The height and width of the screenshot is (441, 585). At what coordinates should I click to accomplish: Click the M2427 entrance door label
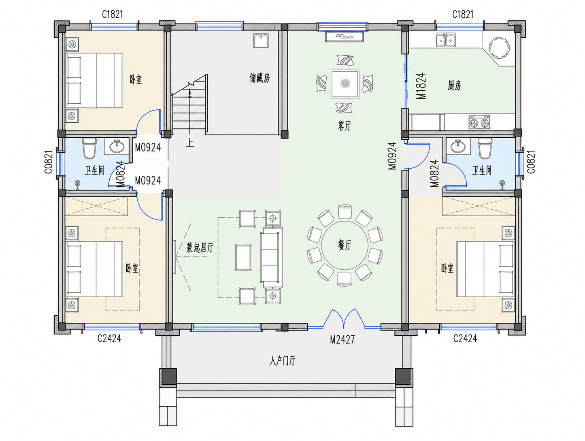tap(342, 339)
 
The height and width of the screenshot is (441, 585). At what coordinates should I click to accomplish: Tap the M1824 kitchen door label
tap(421, 86)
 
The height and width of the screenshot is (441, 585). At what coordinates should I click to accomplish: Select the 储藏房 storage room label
tap(260, 78)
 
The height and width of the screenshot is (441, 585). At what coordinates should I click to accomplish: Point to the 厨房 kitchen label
tap(454, 85)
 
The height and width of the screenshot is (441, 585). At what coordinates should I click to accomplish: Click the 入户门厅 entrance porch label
tap(282, 361)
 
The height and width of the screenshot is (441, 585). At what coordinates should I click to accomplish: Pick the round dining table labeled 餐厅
tap(345, 245)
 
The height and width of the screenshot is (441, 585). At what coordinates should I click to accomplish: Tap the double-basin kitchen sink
tap(446, 40)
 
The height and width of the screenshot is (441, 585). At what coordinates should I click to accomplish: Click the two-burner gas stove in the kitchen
tap(479, 122)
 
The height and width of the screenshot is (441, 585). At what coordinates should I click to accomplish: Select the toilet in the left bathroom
tap(89, 148)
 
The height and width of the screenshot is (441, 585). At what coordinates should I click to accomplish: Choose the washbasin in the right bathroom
tap(458, 147)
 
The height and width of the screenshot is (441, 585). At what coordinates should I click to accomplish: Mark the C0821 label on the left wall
tap(49, 162)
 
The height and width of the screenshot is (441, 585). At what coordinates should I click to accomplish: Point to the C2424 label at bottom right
tap(465, 339)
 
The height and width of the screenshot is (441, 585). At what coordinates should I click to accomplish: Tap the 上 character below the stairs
tap(190, 143)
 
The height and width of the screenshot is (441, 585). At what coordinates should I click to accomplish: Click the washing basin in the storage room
tap(261, 40)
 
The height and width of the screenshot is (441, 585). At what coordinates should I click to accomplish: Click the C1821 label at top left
tap(113, 14)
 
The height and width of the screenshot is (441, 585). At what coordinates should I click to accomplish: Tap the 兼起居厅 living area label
tap(200, 247)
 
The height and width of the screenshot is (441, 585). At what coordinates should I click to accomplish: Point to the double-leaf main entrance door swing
tap(344, 319)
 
